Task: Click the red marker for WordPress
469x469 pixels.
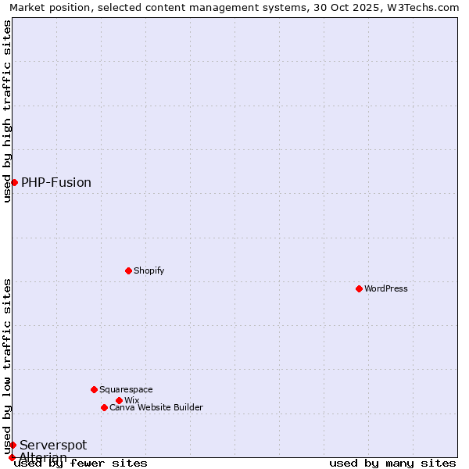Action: coord(359,288)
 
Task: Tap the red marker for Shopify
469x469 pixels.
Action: coord(128,270)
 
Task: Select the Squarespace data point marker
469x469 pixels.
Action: coord(94,389)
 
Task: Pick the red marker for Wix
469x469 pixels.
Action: coord(119,400)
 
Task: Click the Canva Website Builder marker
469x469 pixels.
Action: coord(104,407)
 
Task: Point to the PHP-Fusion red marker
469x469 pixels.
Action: coord(14,182)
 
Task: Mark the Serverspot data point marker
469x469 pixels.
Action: coord(13,445)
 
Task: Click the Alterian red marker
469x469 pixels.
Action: coord(12,457)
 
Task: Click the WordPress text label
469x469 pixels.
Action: coord(386,288)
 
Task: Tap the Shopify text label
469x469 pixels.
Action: coord(149,270)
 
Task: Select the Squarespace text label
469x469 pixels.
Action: coord(126,389)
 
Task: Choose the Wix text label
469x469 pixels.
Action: coord(132,400)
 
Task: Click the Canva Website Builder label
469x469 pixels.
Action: coord(156,407)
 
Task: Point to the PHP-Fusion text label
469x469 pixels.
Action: coord(56,182)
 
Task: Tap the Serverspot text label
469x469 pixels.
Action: coord(53,445)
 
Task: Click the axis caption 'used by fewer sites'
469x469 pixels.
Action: coord(81,464)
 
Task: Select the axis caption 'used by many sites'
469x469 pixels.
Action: coord(392,464)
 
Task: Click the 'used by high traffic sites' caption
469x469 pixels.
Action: coord(7,111)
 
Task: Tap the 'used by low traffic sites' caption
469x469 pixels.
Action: coord(7,366)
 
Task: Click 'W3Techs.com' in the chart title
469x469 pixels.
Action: coord(426,7)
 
